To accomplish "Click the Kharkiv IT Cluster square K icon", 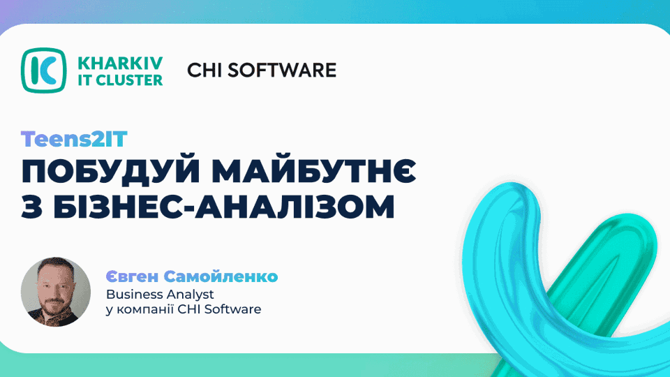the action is (43, 70).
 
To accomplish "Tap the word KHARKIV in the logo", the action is (120, 63).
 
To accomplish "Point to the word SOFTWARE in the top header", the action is (282, 71).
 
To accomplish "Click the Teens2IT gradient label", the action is (75, 140).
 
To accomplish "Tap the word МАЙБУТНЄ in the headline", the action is (314, 171).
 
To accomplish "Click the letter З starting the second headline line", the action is (31, 207).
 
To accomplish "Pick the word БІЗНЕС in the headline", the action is (117, 207).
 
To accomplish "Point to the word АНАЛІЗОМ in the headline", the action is (295, 207).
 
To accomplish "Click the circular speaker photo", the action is (56, 292).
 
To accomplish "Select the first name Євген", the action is (132, 276).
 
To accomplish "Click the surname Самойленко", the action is (221, 276).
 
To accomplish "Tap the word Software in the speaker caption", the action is (232, 309).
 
